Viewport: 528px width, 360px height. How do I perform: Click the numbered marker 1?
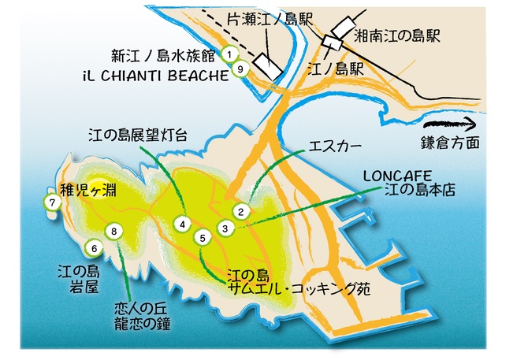(229, 54)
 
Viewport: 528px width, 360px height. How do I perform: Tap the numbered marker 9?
(240, 69)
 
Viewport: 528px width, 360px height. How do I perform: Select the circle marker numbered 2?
(243, 210)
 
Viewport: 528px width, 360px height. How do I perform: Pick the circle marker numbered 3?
(225, 228)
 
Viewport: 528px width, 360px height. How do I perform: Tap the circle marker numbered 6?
(94, 248)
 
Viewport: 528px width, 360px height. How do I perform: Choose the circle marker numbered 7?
(53, 202)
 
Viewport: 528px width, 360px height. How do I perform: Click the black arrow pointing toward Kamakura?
(450, 123)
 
